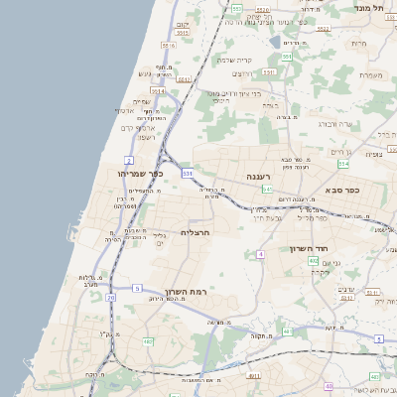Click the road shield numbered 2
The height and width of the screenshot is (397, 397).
[x=129, y=159]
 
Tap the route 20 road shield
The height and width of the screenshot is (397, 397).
[x=111, y=296]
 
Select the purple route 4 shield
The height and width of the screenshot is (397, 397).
[x=260, y=254]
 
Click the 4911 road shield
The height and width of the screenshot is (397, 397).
[x=255, y=376]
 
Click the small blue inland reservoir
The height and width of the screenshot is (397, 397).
[x=274, y=43]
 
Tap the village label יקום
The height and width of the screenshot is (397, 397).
[x=182, y=24]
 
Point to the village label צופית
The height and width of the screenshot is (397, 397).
[x=373, y=154]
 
